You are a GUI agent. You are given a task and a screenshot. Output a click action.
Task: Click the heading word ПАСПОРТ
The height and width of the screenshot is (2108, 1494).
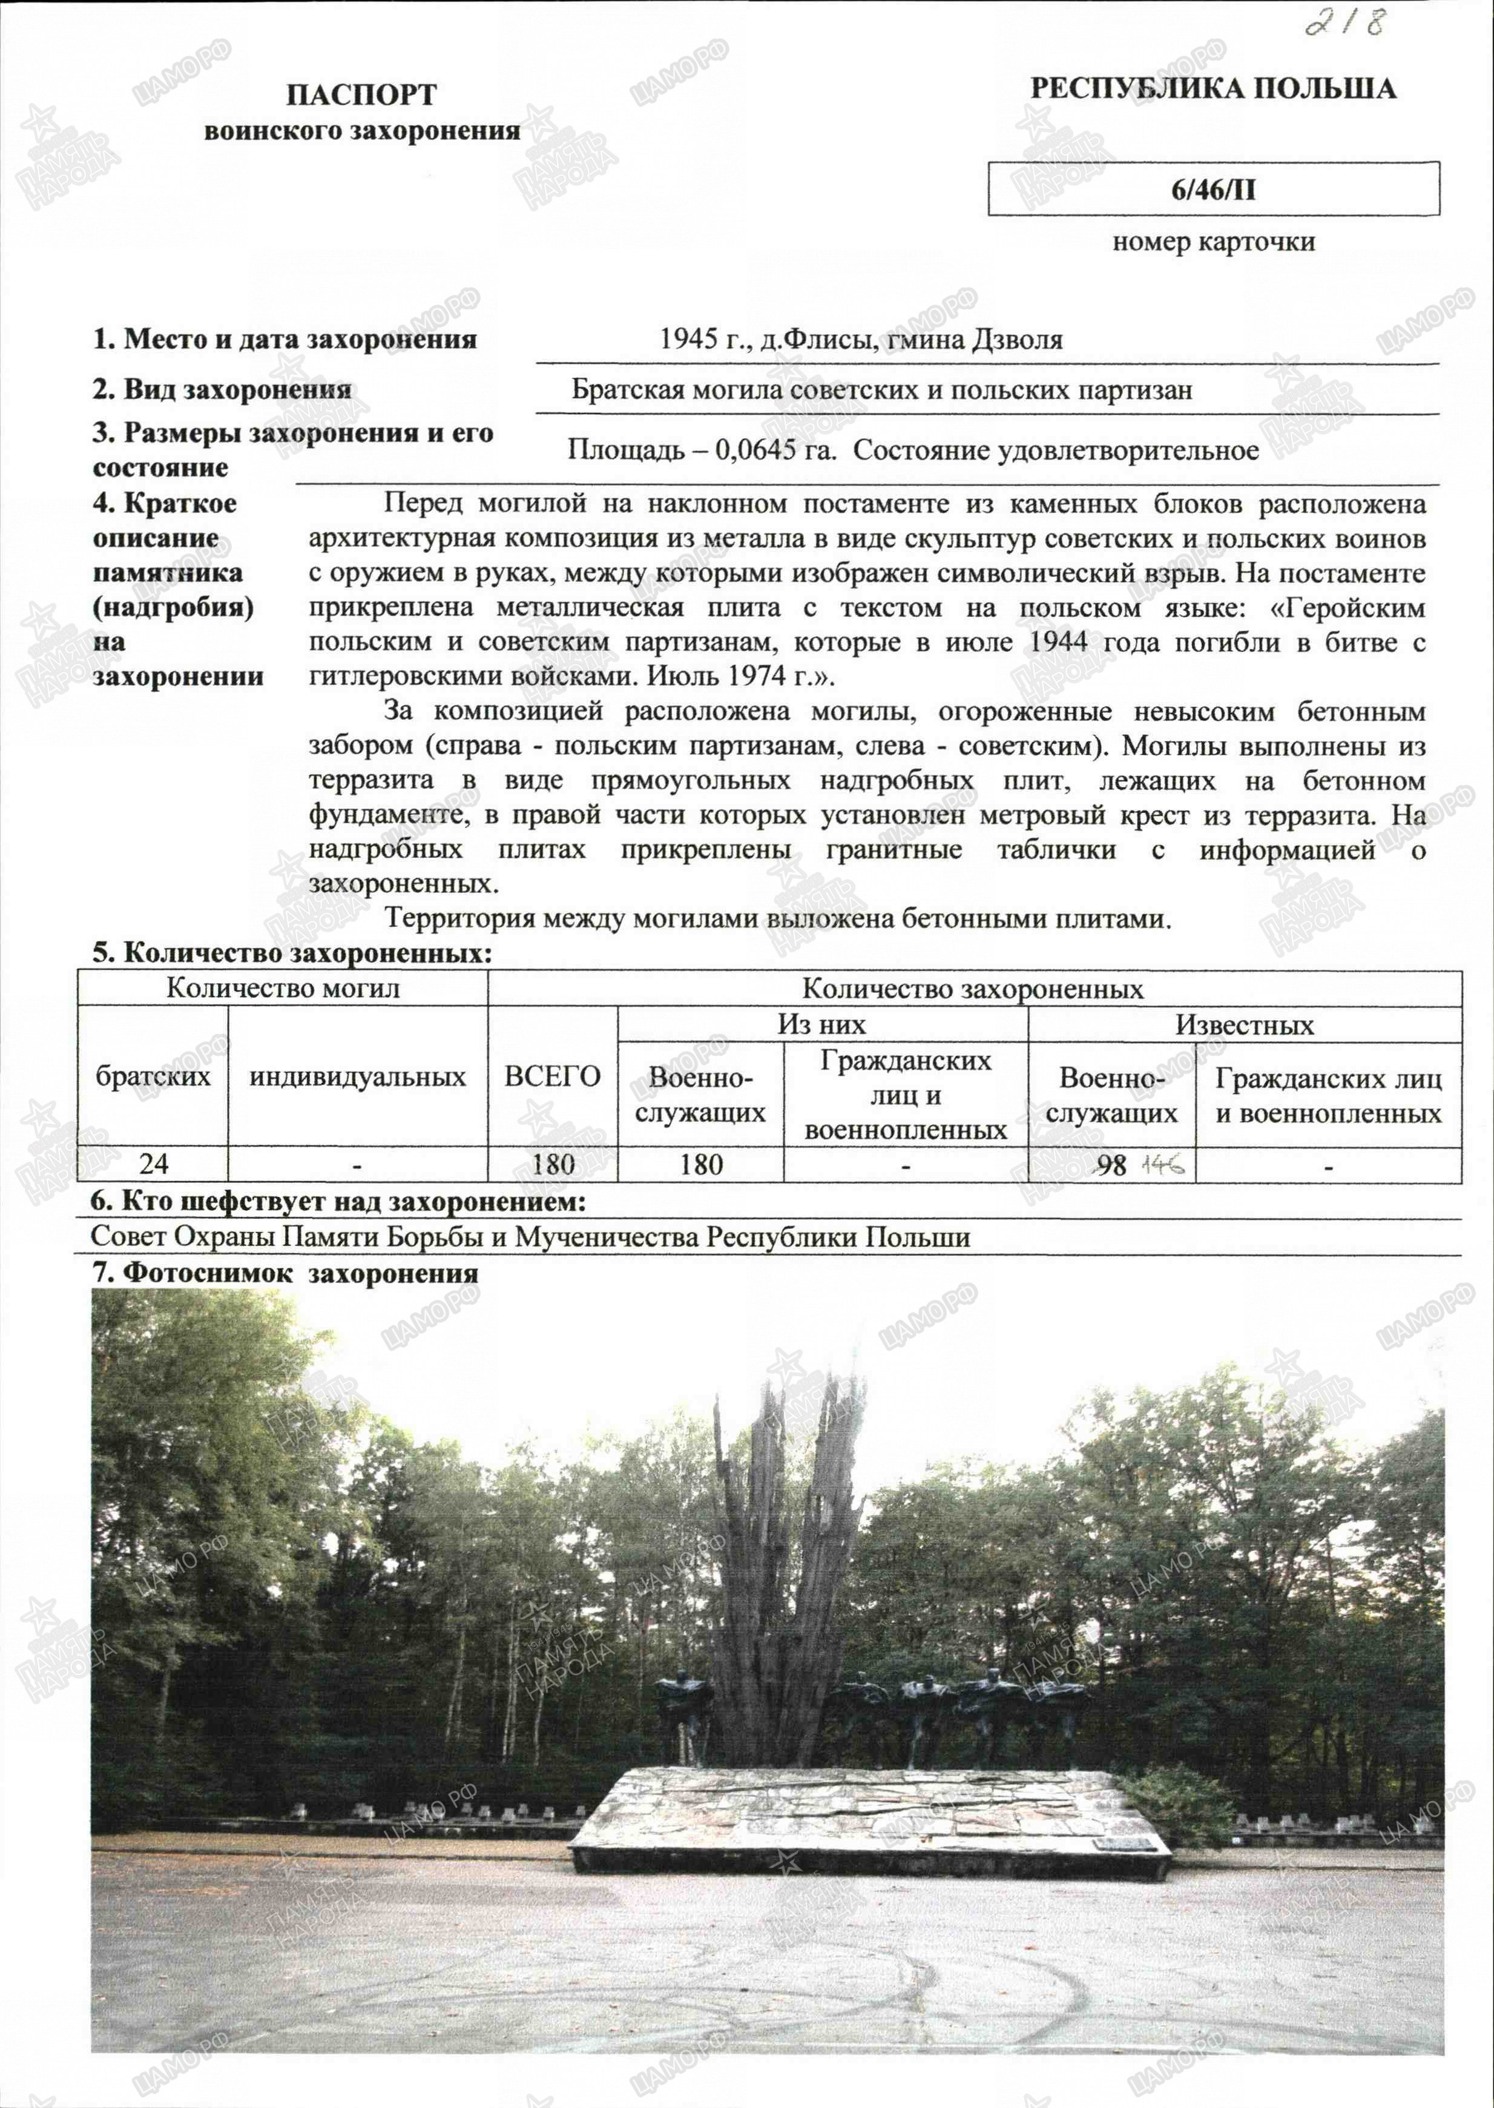pyautogui.click(x=361, y=95)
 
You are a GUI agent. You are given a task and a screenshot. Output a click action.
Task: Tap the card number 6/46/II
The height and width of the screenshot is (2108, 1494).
pyautogui.click(x=1213, y=189)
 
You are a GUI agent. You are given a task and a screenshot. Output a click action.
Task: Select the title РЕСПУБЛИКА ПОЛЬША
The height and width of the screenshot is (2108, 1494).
pyautogui.click(x=1213, y=89)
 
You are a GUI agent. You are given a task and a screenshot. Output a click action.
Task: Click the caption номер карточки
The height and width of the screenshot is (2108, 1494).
pyautogui.click(x=1213, y=242)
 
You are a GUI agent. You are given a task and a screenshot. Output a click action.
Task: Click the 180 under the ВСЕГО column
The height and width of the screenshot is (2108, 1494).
pyautogui.click(x=553, y=1164)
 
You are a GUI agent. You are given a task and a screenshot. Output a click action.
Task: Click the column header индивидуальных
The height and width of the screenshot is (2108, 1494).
pyautogui.click(x=357, y=1076)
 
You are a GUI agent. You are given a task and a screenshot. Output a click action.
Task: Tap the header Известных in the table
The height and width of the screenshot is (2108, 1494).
pyautogui.click(x=1244, y=1025)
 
